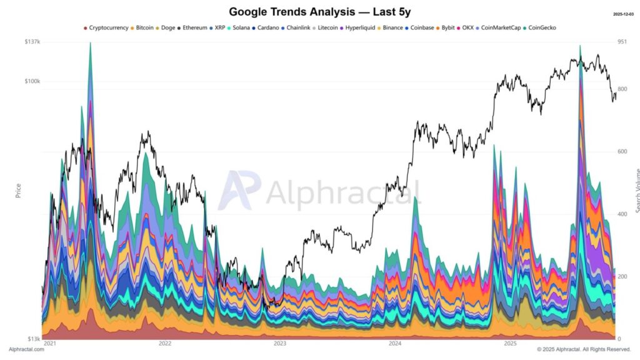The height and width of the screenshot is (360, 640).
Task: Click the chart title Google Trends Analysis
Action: click(x=319, y=11)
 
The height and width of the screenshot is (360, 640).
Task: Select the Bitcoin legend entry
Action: click(x=144, y=27)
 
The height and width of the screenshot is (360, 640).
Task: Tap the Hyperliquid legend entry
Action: click(x=359, y=27)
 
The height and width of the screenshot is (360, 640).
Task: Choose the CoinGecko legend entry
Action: click(x=542, y=27)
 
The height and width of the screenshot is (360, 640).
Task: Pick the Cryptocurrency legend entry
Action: click(x=108, y=27)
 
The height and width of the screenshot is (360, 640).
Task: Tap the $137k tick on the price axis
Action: click(x=32, y=41)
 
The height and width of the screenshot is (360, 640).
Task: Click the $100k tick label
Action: click(x=32, y=82)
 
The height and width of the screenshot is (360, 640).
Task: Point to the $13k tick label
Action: click(x=33, y=339)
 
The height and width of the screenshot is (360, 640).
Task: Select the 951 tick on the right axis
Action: click(x=622, y=41)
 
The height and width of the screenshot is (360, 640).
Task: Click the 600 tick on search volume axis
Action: click(x=622, y=152)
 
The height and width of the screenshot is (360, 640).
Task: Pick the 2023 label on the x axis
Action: click(x=279, y=343)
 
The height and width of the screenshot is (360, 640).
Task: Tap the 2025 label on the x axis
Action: click(x=510, y=343)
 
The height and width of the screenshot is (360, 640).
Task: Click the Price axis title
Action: click(x=19, y=190)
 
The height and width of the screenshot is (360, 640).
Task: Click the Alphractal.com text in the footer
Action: click(x=26, y=349)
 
